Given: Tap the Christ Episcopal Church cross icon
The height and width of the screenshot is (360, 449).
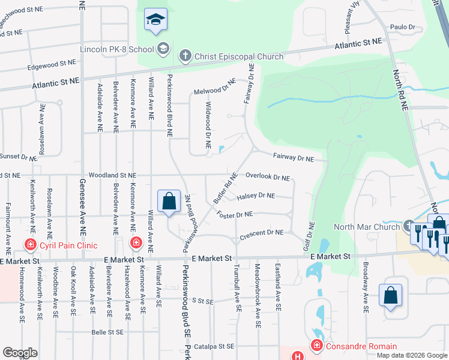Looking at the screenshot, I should pos(185,56).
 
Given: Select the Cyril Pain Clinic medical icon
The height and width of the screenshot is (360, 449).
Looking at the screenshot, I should pos(29,245).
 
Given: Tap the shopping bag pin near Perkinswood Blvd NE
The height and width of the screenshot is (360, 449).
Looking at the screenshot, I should pos(169,202).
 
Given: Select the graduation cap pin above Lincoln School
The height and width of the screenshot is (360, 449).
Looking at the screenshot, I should pos(155,21).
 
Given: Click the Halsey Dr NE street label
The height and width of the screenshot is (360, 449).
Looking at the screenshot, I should pos(256,196).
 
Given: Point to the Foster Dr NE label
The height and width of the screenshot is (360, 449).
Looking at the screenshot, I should pos(235,214).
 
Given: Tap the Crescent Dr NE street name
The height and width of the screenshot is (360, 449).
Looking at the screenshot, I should pos(261,233).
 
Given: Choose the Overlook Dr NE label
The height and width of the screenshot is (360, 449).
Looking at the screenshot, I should pos(268,178).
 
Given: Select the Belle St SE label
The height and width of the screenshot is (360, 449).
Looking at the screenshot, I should pos(107,332).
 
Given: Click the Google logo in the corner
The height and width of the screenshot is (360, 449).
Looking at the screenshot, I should pos(20,353).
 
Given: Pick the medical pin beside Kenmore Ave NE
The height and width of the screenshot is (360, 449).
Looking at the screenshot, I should pos(136,242).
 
